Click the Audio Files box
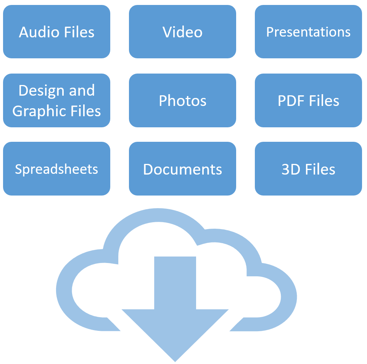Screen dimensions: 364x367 (56, 32)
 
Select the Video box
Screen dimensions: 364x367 (182, 32)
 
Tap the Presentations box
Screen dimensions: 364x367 (308, 32)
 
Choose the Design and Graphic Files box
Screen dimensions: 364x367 (56, 101)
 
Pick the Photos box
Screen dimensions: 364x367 (182, 101)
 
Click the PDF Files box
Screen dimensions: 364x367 (308, 101)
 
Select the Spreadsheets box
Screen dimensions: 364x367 (56, 169)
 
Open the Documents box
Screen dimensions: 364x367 (182, 169)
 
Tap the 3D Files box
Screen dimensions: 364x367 (308, 169)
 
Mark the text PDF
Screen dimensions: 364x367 (290, 101)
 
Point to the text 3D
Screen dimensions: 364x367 (290, 169)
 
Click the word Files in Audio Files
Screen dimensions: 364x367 (79, 32)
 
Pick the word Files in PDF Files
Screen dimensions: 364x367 (324, 101)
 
